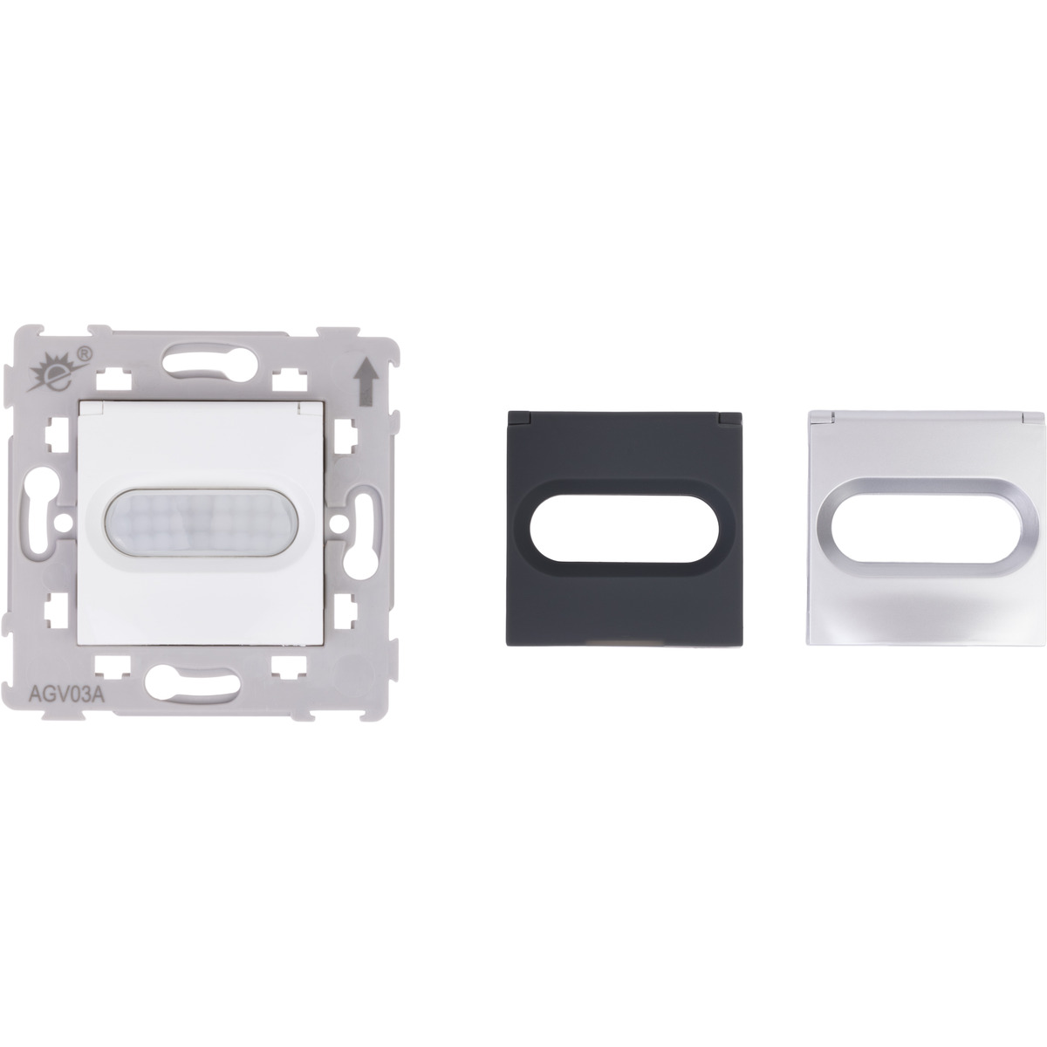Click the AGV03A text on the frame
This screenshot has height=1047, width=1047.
pyautogui.click(x=66, y=695)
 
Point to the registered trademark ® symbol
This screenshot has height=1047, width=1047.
pyautogui.click(x=86, y=353)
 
